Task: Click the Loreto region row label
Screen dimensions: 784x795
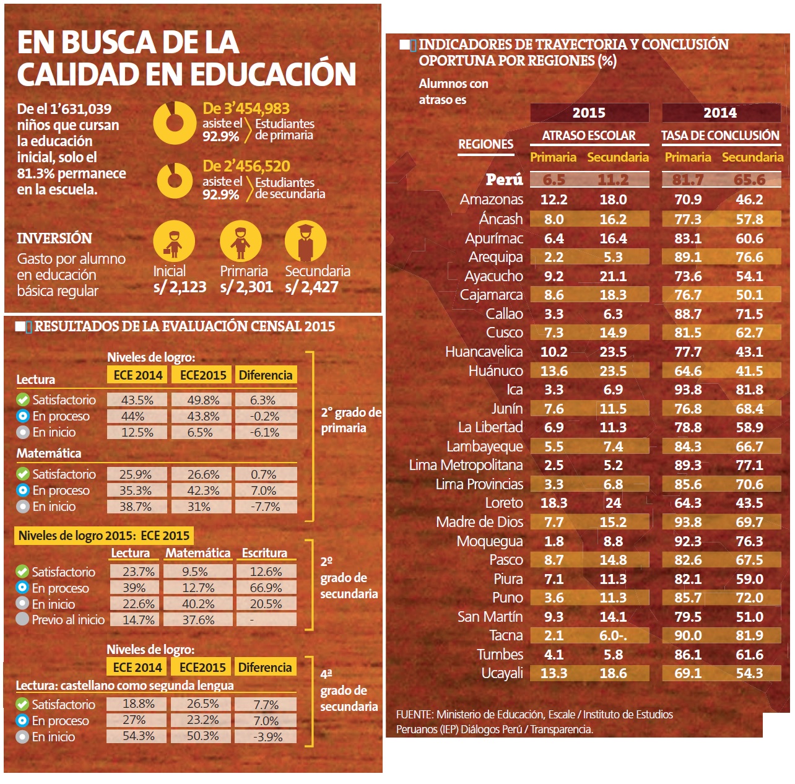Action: (504, 503)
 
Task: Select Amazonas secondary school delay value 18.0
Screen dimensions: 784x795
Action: (613, 199)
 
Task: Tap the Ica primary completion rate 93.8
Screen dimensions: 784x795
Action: (687, 390)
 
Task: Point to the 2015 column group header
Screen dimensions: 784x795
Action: (589, 113)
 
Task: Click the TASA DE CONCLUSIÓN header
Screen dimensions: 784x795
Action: (720, 135)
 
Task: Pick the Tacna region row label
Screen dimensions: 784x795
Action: (506, 635)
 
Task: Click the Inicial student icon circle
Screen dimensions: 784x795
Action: (174, 242)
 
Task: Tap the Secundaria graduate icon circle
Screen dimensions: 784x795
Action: (305, 242)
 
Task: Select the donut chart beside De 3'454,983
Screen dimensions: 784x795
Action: (174, 122)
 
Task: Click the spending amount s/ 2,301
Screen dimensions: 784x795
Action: (246, 287)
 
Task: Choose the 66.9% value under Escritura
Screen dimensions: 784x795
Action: (266, 587)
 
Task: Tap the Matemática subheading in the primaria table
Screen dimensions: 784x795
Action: (49, 453)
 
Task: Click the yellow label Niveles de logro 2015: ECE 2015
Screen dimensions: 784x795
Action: (104, 536)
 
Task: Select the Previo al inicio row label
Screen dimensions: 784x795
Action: (68, 619)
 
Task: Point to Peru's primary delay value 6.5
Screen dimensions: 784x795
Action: (554, 180)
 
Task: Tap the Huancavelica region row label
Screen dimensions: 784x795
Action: (484, 352)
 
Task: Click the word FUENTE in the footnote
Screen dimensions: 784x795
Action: (414, 715)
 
